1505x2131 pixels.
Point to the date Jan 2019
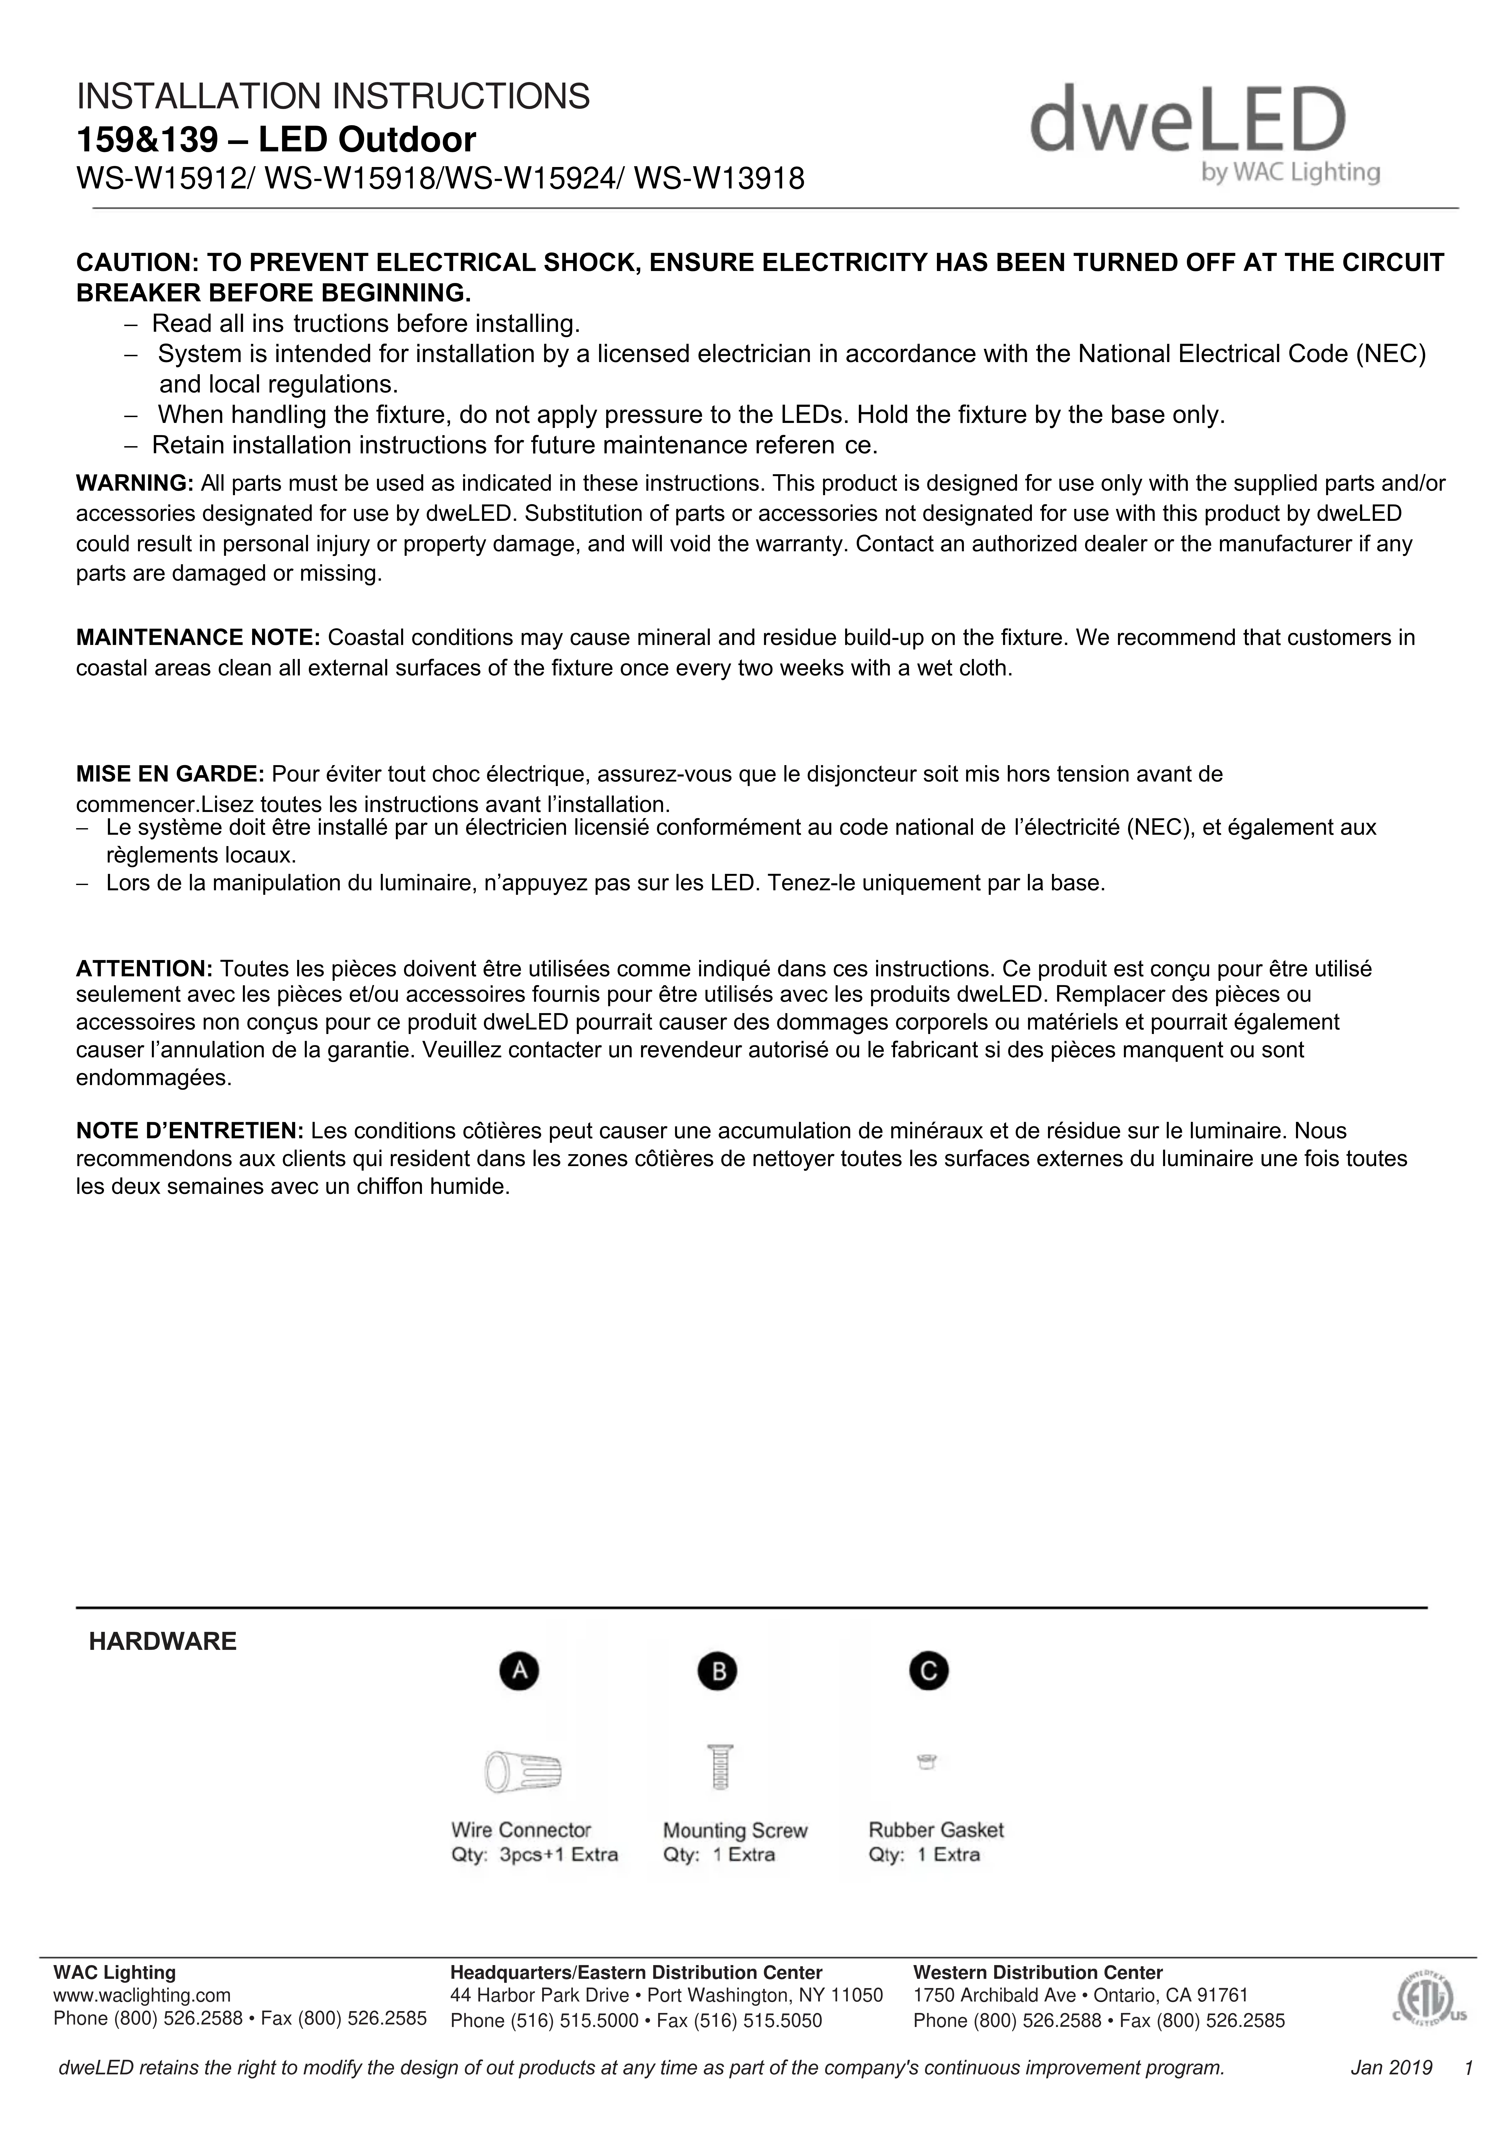[x=1391, y=2068]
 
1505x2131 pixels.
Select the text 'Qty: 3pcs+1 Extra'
[x=533, y=1854]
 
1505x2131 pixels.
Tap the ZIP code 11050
[x=857, y=1995]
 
